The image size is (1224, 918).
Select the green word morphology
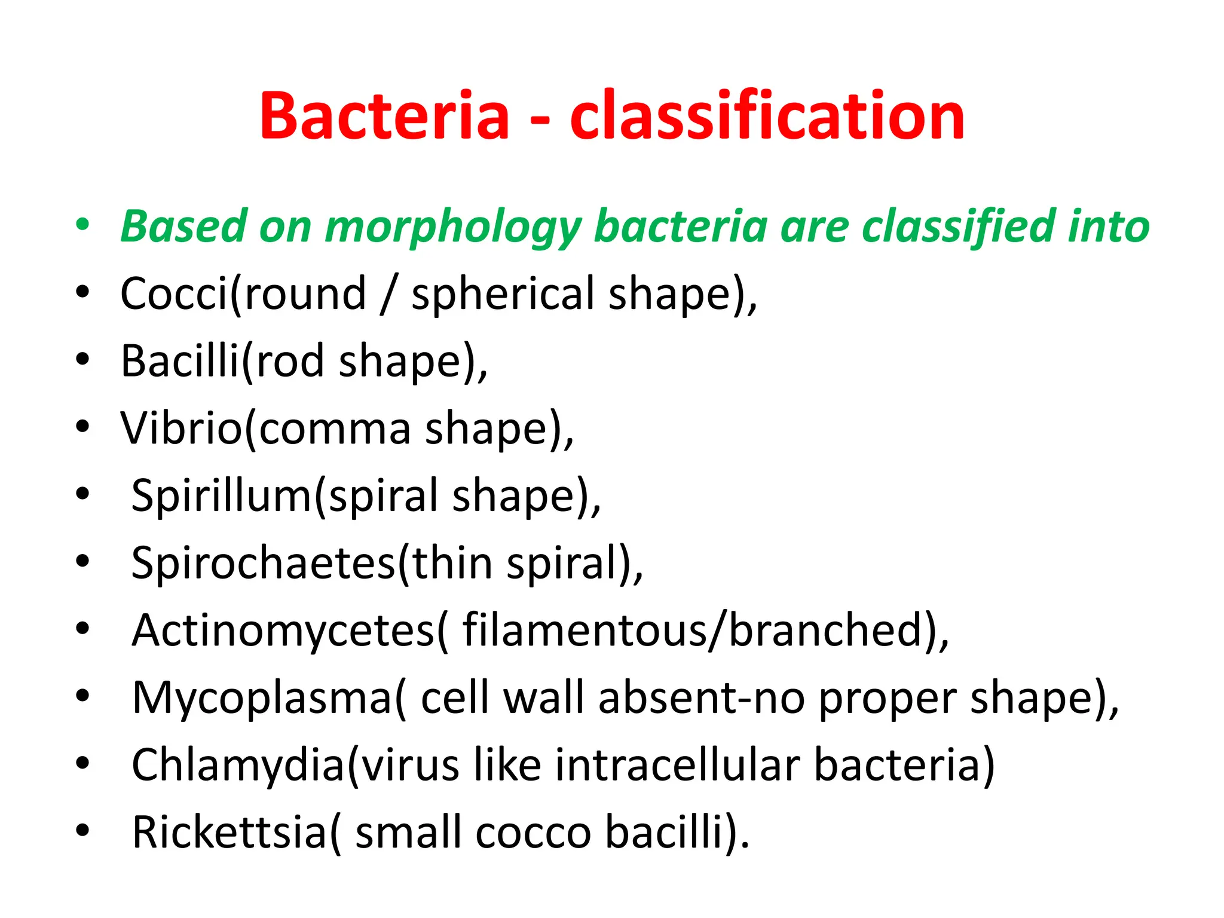[452, 227]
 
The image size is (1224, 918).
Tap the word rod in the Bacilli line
[290, 362]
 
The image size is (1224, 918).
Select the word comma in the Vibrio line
[335, 429]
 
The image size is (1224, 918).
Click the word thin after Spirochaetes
[452, 563]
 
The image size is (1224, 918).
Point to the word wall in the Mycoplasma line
[543, 697]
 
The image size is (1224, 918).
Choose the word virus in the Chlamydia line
[411, 765]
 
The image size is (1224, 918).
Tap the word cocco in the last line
[533, 833]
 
